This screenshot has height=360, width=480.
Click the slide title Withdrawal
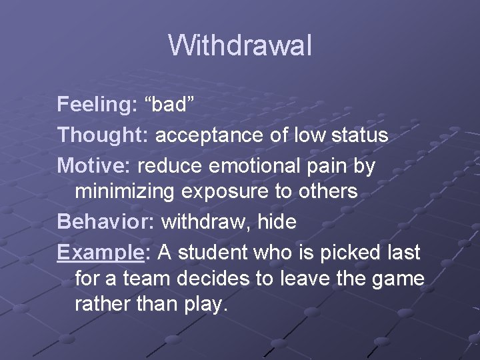(x=239, y=46)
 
